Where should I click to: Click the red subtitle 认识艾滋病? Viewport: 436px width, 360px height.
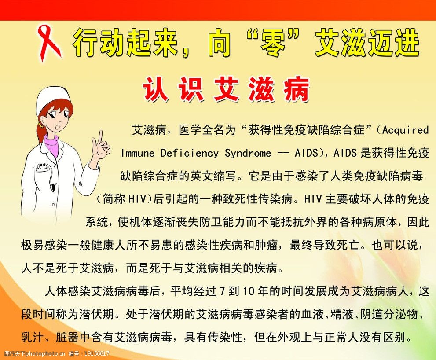click(x=227, y=90)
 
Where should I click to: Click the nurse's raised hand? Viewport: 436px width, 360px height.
click(x=101, y=147)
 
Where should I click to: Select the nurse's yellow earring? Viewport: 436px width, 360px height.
click(x=41, y=125)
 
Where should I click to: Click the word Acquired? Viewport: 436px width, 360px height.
click(x=405, y=130)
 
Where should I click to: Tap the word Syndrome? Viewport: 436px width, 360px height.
click(x=248, y=154)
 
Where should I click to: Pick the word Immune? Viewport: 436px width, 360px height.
click(x=138, y=154)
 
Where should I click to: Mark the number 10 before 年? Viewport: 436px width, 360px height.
click(x=249, y=291)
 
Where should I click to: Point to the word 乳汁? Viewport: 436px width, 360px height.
click(x=32, y=338)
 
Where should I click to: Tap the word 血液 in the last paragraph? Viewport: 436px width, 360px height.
click(x=313, y=315)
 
